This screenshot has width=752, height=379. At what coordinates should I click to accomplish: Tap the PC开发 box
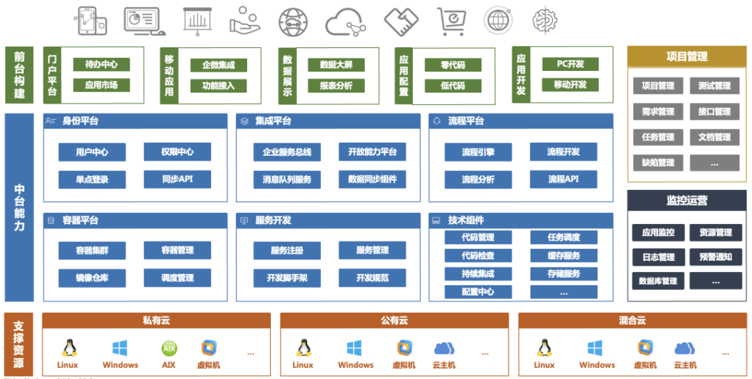pos(570,65)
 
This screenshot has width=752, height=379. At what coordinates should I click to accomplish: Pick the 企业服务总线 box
pos(287,152)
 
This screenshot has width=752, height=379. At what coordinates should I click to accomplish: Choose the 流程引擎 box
pos(478,152)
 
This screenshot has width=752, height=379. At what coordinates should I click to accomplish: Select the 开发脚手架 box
pos(287,278)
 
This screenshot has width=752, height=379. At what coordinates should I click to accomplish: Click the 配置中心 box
pos(478,292)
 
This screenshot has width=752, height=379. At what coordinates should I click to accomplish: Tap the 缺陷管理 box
pos(658,163)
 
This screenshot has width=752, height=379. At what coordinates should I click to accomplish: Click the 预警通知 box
pos(715,257)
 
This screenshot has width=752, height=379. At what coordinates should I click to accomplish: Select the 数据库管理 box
pos(658,281)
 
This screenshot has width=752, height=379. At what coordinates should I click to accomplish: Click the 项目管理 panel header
pos(687,57)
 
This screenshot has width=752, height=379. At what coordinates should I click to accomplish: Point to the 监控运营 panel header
pos(687,201)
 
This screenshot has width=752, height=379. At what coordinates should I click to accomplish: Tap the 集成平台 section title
pos(273,121)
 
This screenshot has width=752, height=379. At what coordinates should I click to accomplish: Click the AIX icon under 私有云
pos(169,348)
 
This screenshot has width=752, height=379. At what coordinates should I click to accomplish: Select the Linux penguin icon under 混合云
pos(545,348)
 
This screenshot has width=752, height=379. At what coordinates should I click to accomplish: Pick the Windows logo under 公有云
pos(355,348)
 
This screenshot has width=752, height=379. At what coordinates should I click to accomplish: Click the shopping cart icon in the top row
pos(450,21)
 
